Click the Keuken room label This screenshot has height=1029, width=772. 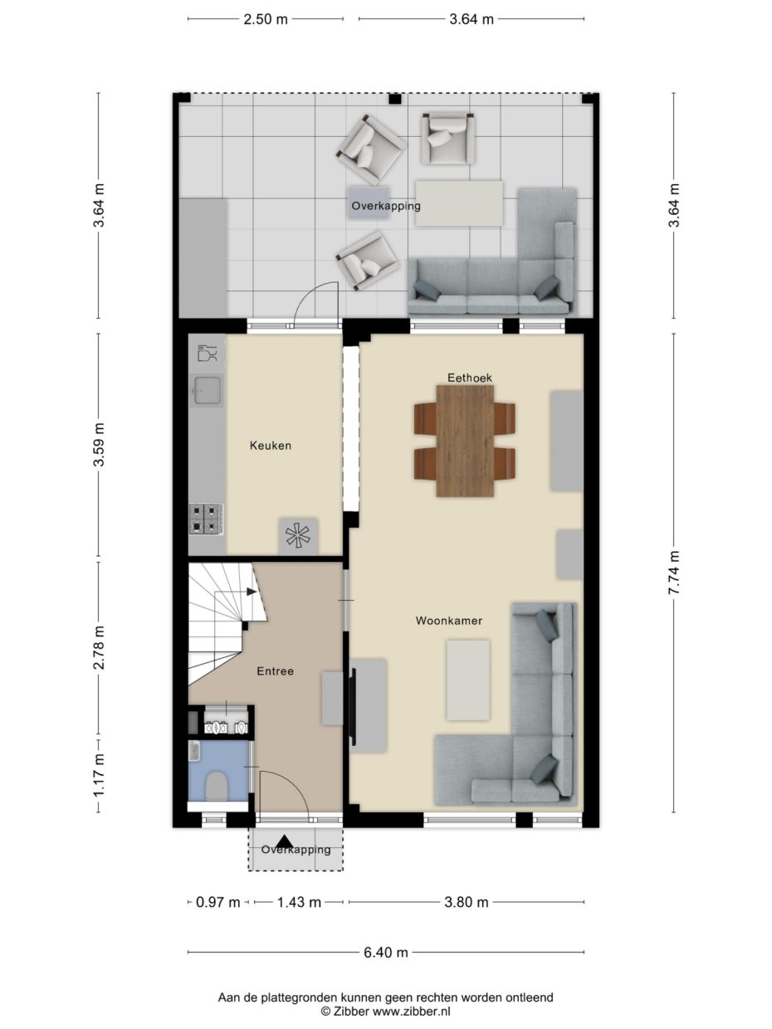tap(271, 446)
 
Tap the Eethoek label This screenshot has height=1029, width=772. tap(470, 378)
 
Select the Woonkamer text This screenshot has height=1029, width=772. tap(449, 620)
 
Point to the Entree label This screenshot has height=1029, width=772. tap(275, 671)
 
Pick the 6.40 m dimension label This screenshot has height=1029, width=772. tap(386, 953)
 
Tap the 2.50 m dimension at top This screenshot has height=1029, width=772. tap(266, 19)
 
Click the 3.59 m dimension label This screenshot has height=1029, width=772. tap(99, 446)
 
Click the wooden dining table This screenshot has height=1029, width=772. tap(465, 440)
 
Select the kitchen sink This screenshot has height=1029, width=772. tap(208, 389)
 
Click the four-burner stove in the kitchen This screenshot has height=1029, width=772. tap(206, 519)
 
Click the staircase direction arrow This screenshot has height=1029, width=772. tap(252, 592)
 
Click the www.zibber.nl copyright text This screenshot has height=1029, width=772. tap(385, 1012)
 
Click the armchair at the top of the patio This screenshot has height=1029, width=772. tap(448, 137)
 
